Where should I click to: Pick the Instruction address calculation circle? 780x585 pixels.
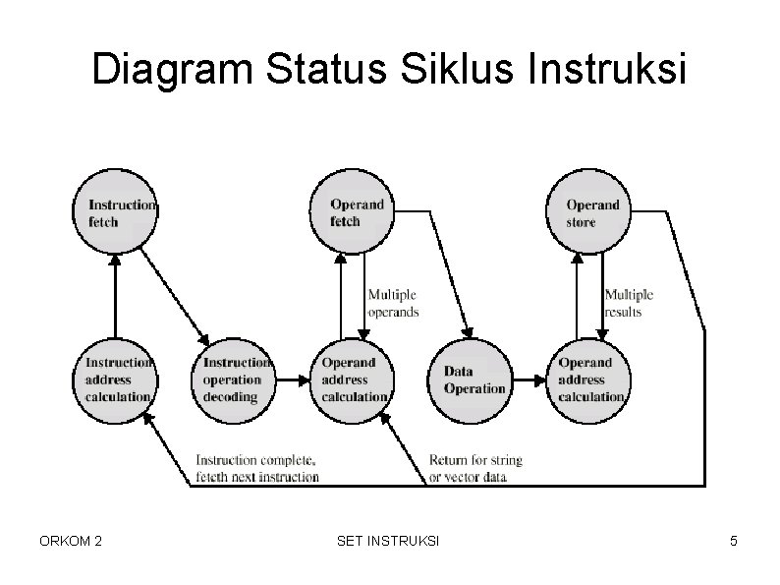coord(115,380)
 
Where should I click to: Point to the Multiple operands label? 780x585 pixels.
coord(392,303)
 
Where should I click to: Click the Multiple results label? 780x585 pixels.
coord(628,303)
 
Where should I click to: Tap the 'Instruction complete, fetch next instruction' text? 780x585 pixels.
coord(257,468)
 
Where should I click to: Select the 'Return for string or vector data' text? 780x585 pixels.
coord(475,468)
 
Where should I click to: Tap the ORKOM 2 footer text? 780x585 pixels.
coord(71,541)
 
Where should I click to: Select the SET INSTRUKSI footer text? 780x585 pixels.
coord(388,541)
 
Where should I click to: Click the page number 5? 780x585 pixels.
coord(733,541)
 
